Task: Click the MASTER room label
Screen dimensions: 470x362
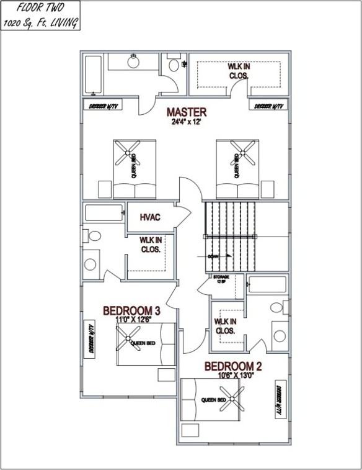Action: (x=186, y=112)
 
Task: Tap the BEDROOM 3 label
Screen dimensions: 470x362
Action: (x=131, y=310)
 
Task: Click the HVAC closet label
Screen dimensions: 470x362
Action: (x=150, y=217)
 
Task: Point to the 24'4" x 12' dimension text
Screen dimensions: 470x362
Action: (x=187, y=122)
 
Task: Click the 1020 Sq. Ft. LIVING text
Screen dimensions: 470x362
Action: (x=40, y=23)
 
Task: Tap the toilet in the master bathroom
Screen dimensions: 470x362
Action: (x=173, y=64)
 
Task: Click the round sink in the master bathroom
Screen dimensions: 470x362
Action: (x=133, y=61)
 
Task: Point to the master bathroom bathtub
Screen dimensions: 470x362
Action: (x=93, y=74)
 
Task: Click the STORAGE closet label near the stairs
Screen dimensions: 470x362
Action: (x=221, y=278)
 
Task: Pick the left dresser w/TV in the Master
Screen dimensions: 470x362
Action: (x=103, y=106)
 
